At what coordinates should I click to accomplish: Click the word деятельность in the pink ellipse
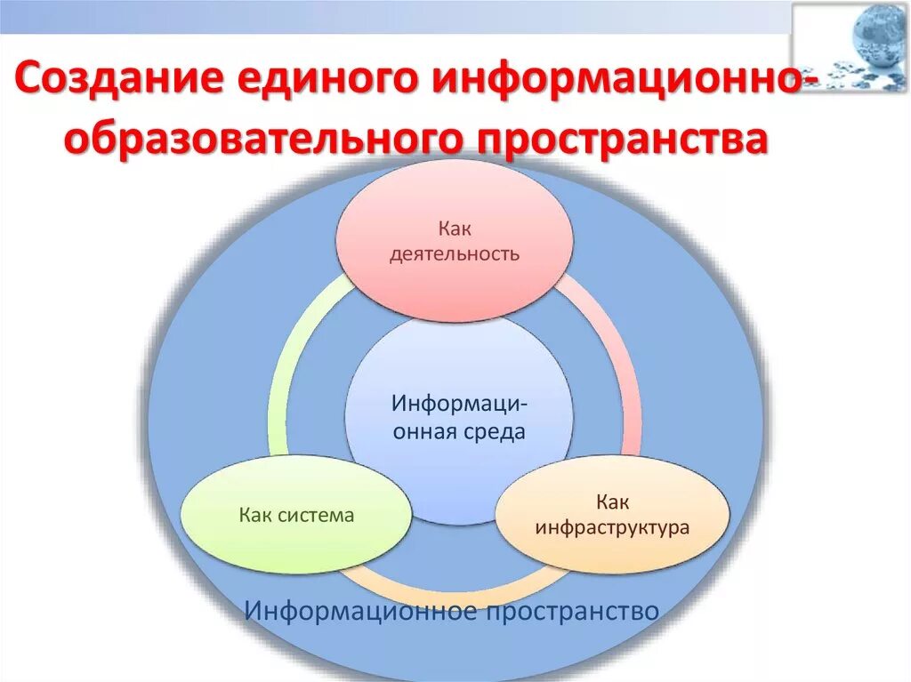pyautogui.click(x=454, y=254)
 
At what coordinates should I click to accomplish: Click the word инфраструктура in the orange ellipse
pyautogui.click(x=612, y=527)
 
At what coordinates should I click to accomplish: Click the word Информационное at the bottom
pyautogui.click(x=361, y=611)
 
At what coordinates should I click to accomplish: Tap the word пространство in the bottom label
pyautogui.click(x=571, y=611)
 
